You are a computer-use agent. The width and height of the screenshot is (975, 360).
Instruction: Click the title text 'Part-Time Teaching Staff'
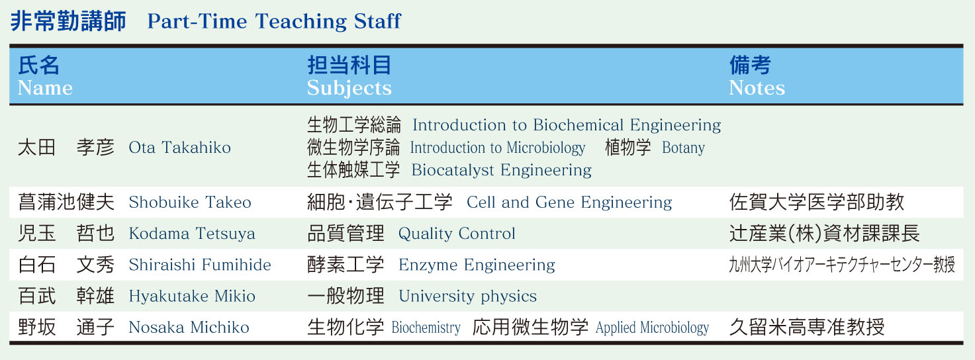click(274, 22)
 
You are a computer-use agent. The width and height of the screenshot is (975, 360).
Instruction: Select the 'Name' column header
click(45, 88)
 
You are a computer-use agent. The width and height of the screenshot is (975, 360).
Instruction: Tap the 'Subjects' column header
click(349, 89)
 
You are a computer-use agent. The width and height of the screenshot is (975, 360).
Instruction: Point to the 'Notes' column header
click(757, 88)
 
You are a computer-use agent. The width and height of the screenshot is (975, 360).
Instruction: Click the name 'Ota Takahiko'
click(180, 148)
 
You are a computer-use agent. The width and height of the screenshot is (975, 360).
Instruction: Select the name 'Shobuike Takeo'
click(190, 202)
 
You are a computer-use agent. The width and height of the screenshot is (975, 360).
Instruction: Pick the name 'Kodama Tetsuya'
click(192, 234)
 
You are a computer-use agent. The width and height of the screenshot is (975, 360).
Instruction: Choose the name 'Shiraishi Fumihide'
click(200, 265)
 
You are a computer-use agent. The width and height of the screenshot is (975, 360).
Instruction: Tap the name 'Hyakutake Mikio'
click(192, 296)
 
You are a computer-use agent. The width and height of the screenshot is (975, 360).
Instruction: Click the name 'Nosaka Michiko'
click(189, 328)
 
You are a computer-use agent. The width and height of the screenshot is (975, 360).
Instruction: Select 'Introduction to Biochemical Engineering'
click(567, 125)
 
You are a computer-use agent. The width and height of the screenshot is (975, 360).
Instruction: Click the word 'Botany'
click(683, 148)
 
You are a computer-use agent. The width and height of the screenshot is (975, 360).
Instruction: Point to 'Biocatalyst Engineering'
click(502, 170)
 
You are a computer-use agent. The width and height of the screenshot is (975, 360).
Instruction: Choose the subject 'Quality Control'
click(457, 234)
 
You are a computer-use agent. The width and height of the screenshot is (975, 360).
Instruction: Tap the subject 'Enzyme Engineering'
click(477, 265)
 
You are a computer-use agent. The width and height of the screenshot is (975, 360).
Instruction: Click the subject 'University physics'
click(468, 296)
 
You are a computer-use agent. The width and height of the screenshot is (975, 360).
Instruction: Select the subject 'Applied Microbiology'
click(652, 328)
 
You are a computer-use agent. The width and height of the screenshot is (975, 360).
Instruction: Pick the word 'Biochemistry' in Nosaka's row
click(426, 328)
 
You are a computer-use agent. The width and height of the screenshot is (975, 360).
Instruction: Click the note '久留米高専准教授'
click(807, 328)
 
